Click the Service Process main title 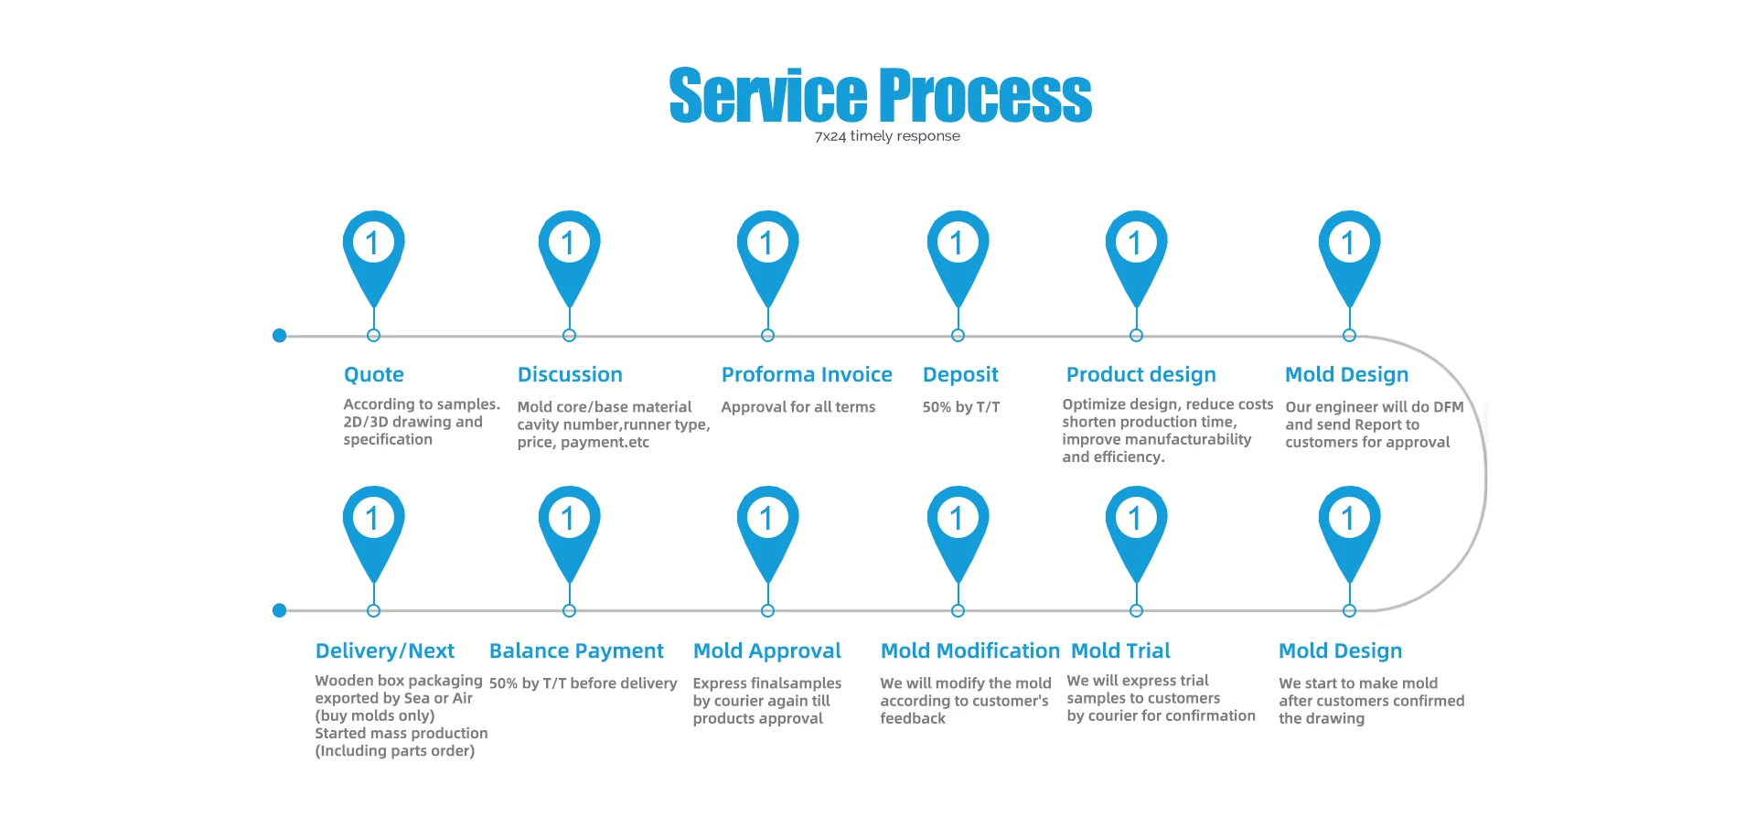[x=880, y=95]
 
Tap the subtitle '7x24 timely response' [x=887, y=136]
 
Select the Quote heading [x=373, y=374]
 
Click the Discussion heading [x=570, y=374]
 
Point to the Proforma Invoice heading [x=807, y=374]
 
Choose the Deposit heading [x=960, y=374]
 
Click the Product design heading [x=1140, y=374]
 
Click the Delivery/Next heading [x=384, y=651]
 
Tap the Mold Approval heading [x=766, y=651]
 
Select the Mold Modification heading [x=969, y=651]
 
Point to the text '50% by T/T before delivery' [x=583, y=683]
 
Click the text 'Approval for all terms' [x=798, y=407]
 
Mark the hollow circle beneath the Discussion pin [x=569, y=336]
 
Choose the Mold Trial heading [x=1120, y=651]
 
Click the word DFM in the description [x=1448, y=407]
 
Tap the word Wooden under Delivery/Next [x=344, y=681]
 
